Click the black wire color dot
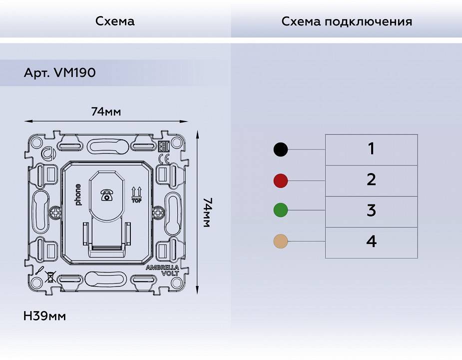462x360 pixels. pos(281,149)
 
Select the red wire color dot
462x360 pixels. pos(281,180)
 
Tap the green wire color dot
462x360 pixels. pos(281,210)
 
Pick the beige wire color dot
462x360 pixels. pos(281,242)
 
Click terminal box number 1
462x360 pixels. pos(371,149)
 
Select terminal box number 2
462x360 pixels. pos(371,180)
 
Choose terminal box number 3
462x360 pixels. pos(371,211)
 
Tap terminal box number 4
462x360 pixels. pos(371,242)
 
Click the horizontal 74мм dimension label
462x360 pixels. pos(106,111)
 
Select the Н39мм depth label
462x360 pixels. pos(45,316)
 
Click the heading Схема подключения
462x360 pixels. pos(347,21)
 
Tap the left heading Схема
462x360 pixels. pos(115,21)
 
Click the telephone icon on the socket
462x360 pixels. pos(106,195)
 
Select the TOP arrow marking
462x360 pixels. pos(136,195)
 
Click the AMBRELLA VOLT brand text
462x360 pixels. pos(162,270)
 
